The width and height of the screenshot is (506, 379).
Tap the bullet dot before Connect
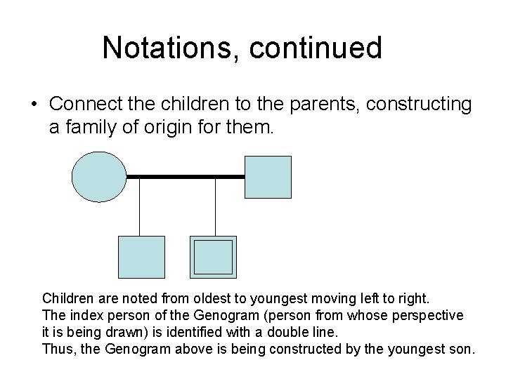pyautogui.click(x=34, y=105)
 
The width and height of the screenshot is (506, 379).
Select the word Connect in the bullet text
pyautogui.click(x=82, y=105)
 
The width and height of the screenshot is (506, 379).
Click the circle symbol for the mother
pyautogui.click(x=99, y=178)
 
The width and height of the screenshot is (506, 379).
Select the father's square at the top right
pyautogui.click(x=268, y=178)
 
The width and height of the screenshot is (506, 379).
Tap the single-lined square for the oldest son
pyautogui.click(x=141, y=257)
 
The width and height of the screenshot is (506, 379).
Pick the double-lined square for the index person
pyautogui.click(x=213, y=257)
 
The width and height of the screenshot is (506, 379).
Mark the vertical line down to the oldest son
pyautogui.click(x=140, y=207)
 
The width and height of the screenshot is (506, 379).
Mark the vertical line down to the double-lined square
pyautogui.click(x=214, y=207)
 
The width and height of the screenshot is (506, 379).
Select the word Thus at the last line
pyautogui.click(x=57, y=349)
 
